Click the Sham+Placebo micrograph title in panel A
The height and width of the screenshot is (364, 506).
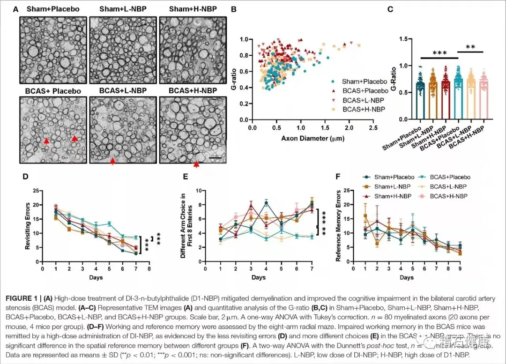(x=53, y=9)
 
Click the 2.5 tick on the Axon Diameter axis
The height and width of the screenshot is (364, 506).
(x=373, y=127)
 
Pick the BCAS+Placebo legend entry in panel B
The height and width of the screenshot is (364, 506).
(x=365, y=90)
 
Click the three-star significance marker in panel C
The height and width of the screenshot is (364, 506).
(x=439, y=53)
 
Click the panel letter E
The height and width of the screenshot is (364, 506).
(x=186, y=177)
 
